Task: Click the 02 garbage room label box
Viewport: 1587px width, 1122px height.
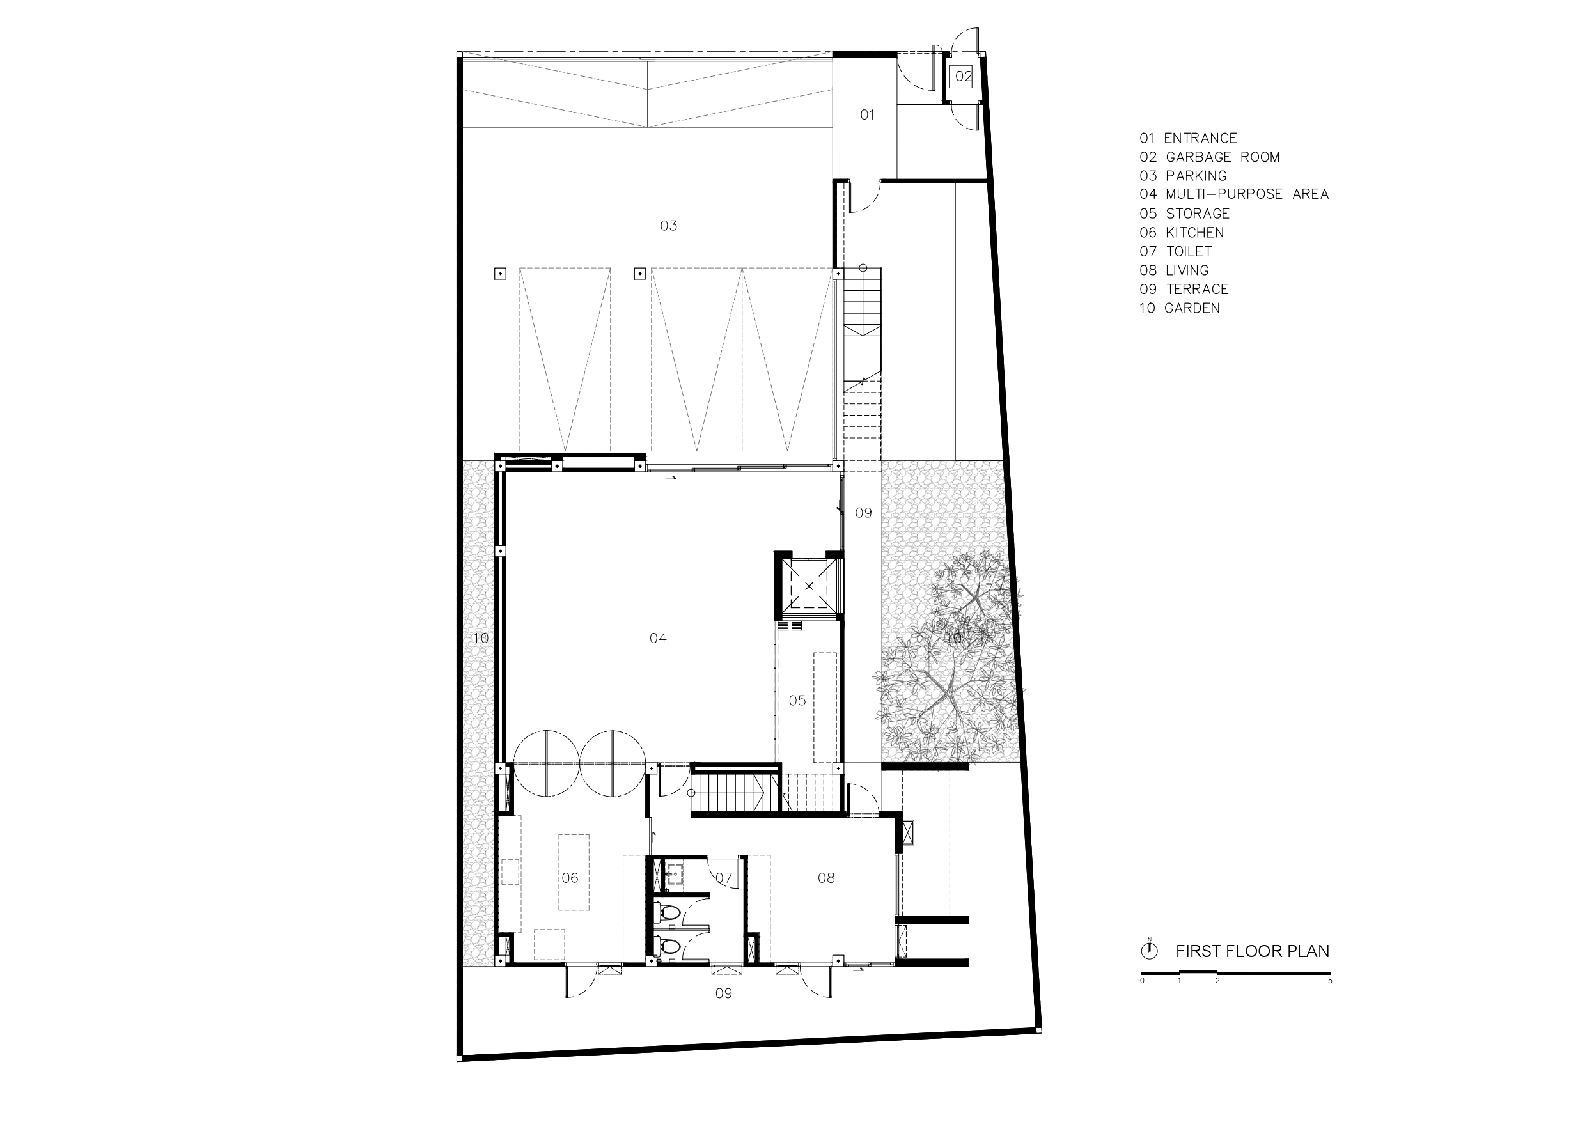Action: [x=963, y=77]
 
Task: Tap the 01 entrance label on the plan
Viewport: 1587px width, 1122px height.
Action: [x=867, y=115]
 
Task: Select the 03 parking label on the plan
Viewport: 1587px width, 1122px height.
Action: [x=668, y=226]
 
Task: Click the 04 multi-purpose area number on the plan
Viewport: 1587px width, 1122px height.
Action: [x=658, y=638]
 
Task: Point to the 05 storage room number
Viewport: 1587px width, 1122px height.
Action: [x=797, y=700]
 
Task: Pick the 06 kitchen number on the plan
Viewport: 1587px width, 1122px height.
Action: [x=570, y=878]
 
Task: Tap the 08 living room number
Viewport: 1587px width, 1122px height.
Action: [x=826, y=878]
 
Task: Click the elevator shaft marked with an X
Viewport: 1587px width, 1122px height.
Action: [x=809, y=586]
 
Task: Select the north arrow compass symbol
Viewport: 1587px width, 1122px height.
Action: [x=1150, y=951]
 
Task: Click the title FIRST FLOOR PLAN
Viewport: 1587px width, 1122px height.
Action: [x=1253, y=951]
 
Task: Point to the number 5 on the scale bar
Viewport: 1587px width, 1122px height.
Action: [x=1330, y=980]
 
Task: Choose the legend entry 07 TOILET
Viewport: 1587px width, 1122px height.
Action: [x=1176, y=252]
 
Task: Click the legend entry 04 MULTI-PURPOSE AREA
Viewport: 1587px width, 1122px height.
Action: [x=1234, y=194]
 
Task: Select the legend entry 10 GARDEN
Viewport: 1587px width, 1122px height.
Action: [x=1180, y=308]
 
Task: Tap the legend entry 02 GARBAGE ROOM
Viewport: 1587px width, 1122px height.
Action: [x=1210, y=157]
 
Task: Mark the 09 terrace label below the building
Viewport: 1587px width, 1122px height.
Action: [x=723, y=993]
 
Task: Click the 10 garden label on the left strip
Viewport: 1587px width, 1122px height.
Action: [x=480, y=638]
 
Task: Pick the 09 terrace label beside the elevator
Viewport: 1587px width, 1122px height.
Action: [x=863, y=513]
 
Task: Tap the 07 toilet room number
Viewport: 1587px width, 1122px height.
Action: [x=724, y=878]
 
